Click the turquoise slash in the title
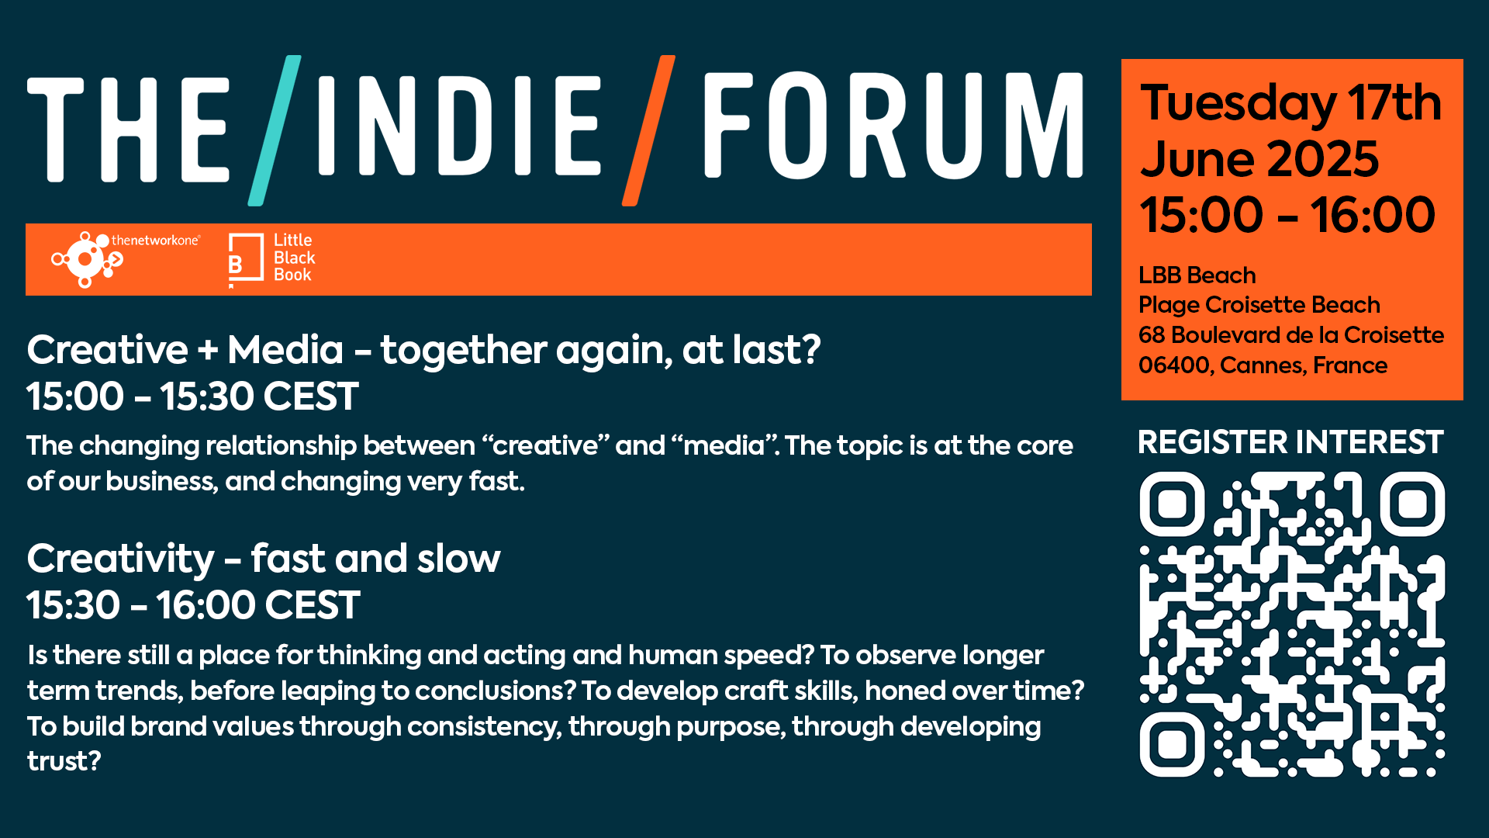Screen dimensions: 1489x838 point(275,130)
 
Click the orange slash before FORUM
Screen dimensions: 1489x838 point(648,130)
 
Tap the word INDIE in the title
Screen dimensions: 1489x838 point(459,126)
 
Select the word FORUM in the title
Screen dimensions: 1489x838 point(893,126)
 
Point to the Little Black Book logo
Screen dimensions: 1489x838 point(271,259)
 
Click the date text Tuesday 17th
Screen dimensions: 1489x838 point(1290,102)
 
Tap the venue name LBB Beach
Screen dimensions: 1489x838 point(1197,275)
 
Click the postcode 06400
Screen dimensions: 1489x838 point(1175,365)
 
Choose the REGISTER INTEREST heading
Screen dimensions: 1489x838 point(1290,442)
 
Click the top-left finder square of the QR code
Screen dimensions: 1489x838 point(1172,504)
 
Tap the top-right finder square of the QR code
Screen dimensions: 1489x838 point(1412,504)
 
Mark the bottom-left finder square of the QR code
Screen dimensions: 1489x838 point(1172,745)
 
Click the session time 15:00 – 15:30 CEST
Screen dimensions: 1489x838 point(192,396)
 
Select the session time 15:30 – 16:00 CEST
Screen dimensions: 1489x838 point(193,605)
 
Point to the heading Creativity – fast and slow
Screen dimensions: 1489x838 point(264,559)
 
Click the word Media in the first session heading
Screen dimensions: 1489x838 point(285,350)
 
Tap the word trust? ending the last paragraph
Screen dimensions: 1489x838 point(64,761)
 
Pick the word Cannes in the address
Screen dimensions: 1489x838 point(1261,365)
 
